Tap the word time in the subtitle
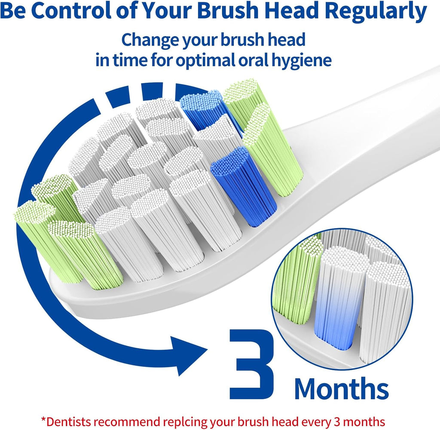click(x=131, y=60)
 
